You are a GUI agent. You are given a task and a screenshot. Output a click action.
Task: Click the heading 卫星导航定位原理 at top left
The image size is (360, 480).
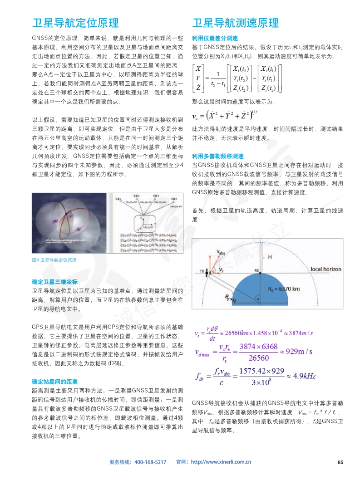click(75, 23)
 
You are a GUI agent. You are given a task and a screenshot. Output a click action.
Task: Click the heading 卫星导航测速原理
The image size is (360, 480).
click(236, 23)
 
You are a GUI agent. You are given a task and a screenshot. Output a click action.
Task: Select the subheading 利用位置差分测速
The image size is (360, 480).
click(215, 38)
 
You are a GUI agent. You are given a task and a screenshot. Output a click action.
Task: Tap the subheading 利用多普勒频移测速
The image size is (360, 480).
click(218, 156)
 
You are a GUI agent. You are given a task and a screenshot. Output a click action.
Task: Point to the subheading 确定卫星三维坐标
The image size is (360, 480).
click(54, 281)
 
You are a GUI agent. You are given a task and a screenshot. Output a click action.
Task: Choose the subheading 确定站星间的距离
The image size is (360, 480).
click(54, 381)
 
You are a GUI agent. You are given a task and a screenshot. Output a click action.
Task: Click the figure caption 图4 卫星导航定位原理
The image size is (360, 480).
click(54, 260)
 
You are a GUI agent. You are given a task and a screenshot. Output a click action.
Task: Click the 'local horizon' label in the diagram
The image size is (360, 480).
click(325, 269)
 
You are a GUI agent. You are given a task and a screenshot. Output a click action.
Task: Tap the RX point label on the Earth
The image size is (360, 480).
click(257, 270)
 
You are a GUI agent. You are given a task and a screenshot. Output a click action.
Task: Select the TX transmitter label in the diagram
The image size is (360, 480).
click(202, 271)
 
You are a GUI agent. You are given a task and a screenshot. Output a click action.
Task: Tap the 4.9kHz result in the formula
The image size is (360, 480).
click(300, 376)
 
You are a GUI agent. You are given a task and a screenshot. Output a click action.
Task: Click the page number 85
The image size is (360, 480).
click(340, 462)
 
